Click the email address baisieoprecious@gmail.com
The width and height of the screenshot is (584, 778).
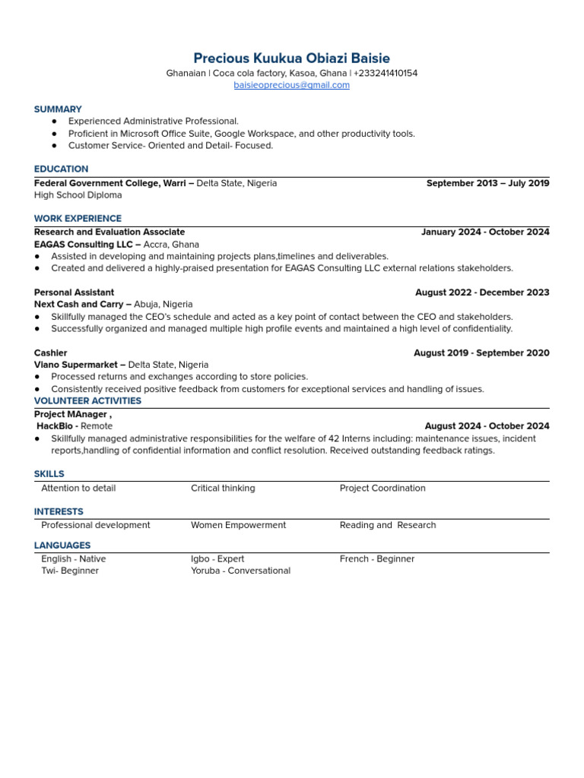click(292, 85)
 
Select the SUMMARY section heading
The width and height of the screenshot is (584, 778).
click(58, 109)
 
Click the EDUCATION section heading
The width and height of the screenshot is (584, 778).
click(61, 169)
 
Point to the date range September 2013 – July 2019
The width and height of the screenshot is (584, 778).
click(487, 183)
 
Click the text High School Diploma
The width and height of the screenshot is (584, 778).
click(78, 195)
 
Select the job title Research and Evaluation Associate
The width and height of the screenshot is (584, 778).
click(109, 232)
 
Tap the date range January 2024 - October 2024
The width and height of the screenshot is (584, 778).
click(485, 232)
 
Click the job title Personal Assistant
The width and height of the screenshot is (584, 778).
click(75, 293)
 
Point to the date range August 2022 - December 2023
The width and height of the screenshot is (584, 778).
click(482, 293)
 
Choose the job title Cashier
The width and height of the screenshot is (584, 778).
click(50, 353)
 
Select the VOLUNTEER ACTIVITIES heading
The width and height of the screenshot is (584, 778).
click(87, 401)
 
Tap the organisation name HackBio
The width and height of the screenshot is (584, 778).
click(56, 426)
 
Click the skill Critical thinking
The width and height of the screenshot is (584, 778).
click(223, 489)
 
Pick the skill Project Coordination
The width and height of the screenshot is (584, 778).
click(382, 489)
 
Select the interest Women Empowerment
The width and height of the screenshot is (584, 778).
click(238, 525)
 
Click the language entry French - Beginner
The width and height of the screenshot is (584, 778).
click(377, 559)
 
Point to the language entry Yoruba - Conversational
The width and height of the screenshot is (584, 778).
click(240, 571)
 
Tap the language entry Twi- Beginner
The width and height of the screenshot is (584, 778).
click(70, 571)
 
